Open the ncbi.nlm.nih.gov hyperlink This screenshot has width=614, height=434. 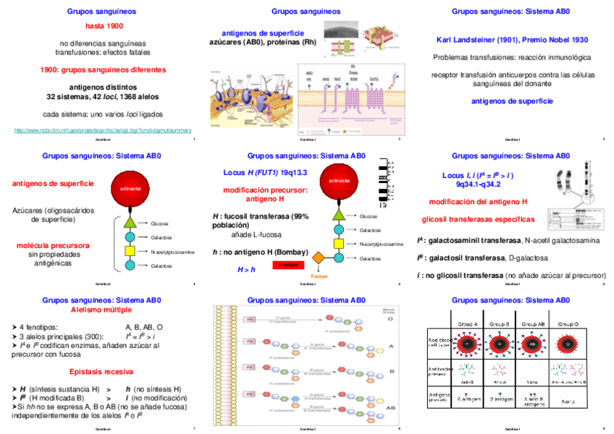point(104,130)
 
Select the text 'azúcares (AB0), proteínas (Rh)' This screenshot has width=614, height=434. point(263,43)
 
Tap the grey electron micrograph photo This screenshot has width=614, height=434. point(340,29)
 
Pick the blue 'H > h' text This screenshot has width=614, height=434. point(247,270)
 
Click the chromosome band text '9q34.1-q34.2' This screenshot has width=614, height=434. point(479,184)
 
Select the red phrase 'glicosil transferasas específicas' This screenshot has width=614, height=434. point(479,219)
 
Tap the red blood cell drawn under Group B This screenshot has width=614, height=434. point(501,345)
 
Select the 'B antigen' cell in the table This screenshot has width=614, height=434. point(501,398)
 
